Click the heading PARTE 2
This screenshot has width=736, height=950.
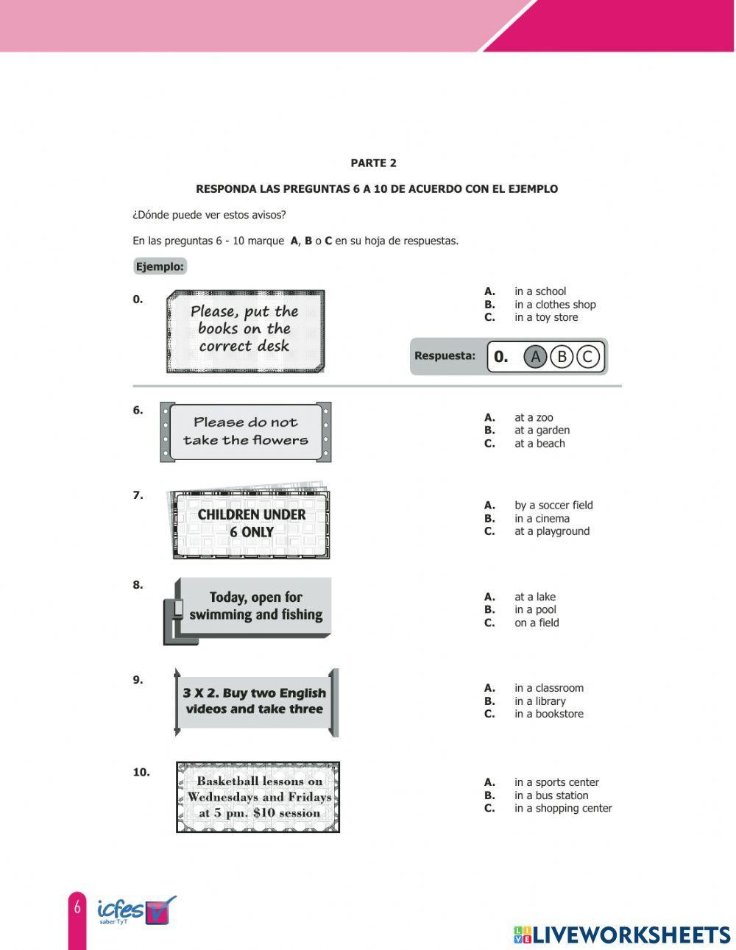point(373,163)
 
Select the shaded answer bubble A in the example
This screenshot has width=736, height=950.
point(535,357)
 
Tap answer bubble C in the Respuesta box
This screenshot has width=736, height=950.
point(587,357)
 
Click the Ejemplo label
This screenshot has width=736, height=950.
point(160,266)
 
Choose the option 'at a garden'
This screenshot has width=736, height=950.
point(542,430)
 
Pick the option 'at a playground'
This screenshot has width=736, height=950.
point(551,531)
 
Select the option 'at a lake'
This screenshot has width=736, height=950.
point(535,597)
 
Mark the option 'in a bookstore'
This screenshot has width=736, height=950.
point(548,714)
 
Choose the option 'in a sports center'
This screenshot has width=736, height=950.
point(556,782)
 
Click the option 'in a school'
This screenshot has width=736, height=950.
point(540,291)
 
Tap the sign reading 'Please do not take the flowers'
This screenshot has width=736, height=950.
point(246,432)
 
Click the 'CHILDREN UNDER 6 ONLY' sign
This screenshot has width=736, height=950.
point(251,524)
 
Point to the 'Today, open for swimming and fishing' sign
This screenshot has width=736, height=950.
point(255,606)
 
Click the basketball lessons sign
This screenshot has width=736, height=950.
point(258,798)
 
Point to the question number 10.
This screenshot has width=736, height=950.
point(141,772)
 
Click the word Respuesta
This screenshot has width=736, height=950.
point(445,356)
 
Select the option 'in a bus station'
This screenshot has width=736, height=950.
point(551,795)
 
